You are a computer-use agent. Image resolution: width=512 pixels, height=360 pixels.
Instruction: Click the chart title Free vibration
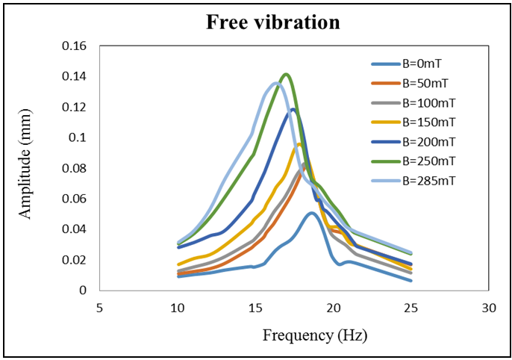click(x=272, y=22)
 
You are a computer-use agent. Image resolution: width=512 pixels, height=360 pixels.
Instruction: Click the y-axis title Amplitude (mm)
click(x=25, y=168)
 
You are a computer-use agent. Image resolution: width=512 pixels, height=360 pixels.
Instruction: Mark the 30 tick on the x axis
click(x=489, y=307)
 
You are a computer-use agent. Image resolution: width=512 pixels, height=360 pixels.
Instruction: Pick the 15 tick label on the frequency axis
click(x=255, y=307)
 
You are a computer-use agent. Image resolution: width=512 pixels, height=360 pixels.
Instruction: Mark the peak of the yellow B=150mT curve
click(x=299, y=144)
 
